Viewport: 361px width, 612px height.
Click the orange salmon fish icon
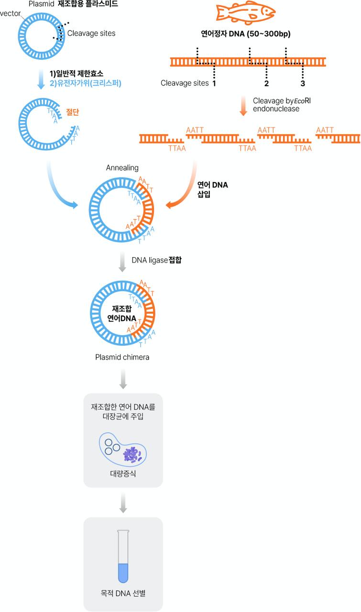point(246,12)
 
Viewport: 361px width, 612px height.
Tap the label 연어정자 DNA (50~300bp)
point(246,34)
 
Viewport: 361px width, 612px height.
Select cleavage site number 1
point(214,83)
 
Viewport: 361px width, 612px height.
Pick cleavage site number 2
point(266,83)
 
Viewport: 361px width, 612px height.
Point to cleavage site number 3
point(303,83)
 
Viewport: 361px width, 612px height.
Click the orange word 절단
point(72,112)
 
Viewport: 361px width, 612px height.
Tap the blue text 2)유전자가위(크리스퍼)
point(85,83)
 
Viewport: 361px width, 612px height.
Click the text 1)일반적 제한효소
point(76,74)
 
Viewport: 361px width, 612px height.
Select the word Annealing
point(122,168)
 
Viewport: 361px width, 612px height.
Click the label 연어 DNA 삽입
point(212,190)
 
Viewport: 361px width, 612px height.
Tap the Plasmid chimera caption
point(122,357)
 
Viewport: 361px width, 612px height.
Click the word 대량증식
point(123,473)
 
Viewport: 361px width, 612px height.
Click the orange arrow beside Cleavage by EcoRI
point(243,106)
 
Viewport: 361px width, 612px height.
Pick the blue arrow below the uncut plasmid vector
point(41,79)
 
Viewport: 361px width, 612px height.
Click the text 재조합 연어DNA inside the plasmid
point(121,314)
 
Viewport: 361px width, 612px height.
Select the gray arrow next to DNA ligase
point(122,262)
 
